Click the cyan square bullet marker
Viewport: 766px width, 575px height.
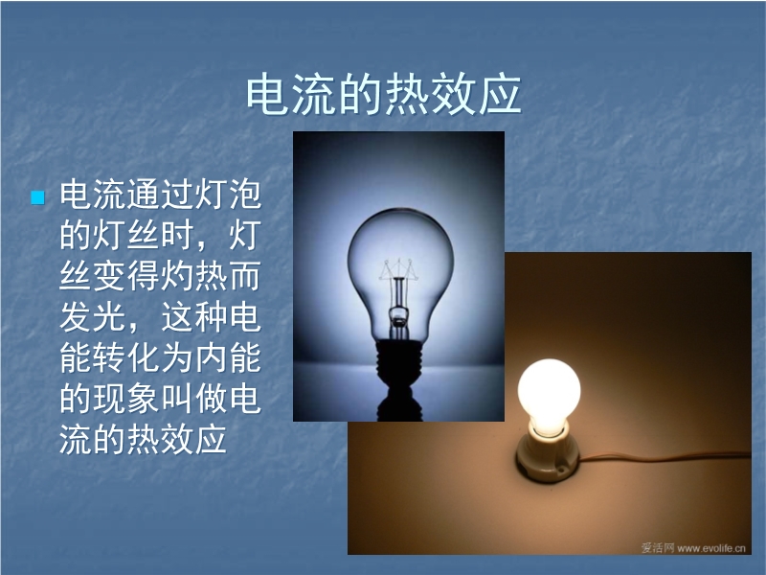37,197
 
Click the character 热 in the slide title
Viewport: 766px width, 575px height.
407,94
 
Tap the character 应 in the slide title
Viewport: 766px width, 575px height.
500,94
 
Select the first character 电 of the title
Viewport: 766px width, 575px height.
268,94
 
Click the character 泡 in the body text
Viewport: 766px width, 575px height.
245,195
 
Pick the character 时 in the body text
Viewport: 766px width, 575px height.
177,236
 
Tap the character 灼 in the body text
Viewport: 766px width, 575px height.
177,276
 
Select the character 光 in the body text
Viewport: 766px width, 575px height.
109,317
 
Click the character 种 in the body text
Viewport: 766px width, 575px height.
211,317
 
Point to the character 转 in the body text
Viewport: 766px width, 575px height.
109,357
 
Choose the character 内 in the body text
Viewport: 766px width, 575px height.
211,357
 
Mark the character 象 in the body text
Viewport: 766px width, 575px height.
144,399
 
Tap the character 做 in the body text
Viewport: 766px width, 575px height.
211,399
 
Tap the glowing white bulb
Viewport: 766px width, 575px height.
549,395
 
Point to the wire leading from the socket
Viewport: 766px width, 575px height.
665,459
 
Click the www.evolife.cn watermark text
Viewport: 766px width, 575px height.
711,548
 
